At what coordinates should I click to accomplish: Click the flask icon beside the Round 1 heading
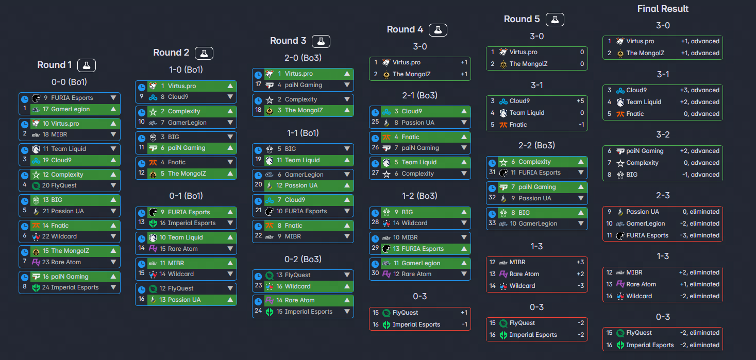(x=87, y=65)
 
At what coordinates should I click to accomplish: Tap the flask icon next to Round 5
(x=555, y=20)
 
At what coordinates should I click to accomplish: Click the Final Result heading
(x=663, y=9)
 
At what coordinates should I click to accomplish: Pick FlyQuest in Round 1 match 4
(x=63, y=185)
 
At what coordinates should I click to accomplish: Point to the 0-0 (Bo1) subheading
(x=69, y=82)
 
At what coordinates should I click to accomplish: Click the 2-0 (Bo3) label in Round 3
(x=303, y=58)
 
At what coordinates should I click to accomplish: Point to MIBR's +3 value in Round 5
(x=580, y=262)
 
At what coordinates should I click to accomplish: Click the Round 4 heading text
(x=405, y=30)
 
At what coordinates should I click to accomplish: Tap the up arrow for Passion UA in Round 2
(x=230, y=300)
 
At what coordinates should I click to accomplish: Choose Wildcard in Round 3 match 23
(x=300, y=286)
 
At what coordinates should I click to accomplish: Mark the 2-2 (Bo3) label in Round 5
(x=536, y=145)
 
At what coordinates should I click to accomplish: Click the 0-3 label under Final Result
(x=663, y=317)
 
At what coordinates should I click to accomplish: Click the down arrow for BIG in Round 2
(x=230, y=137)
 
